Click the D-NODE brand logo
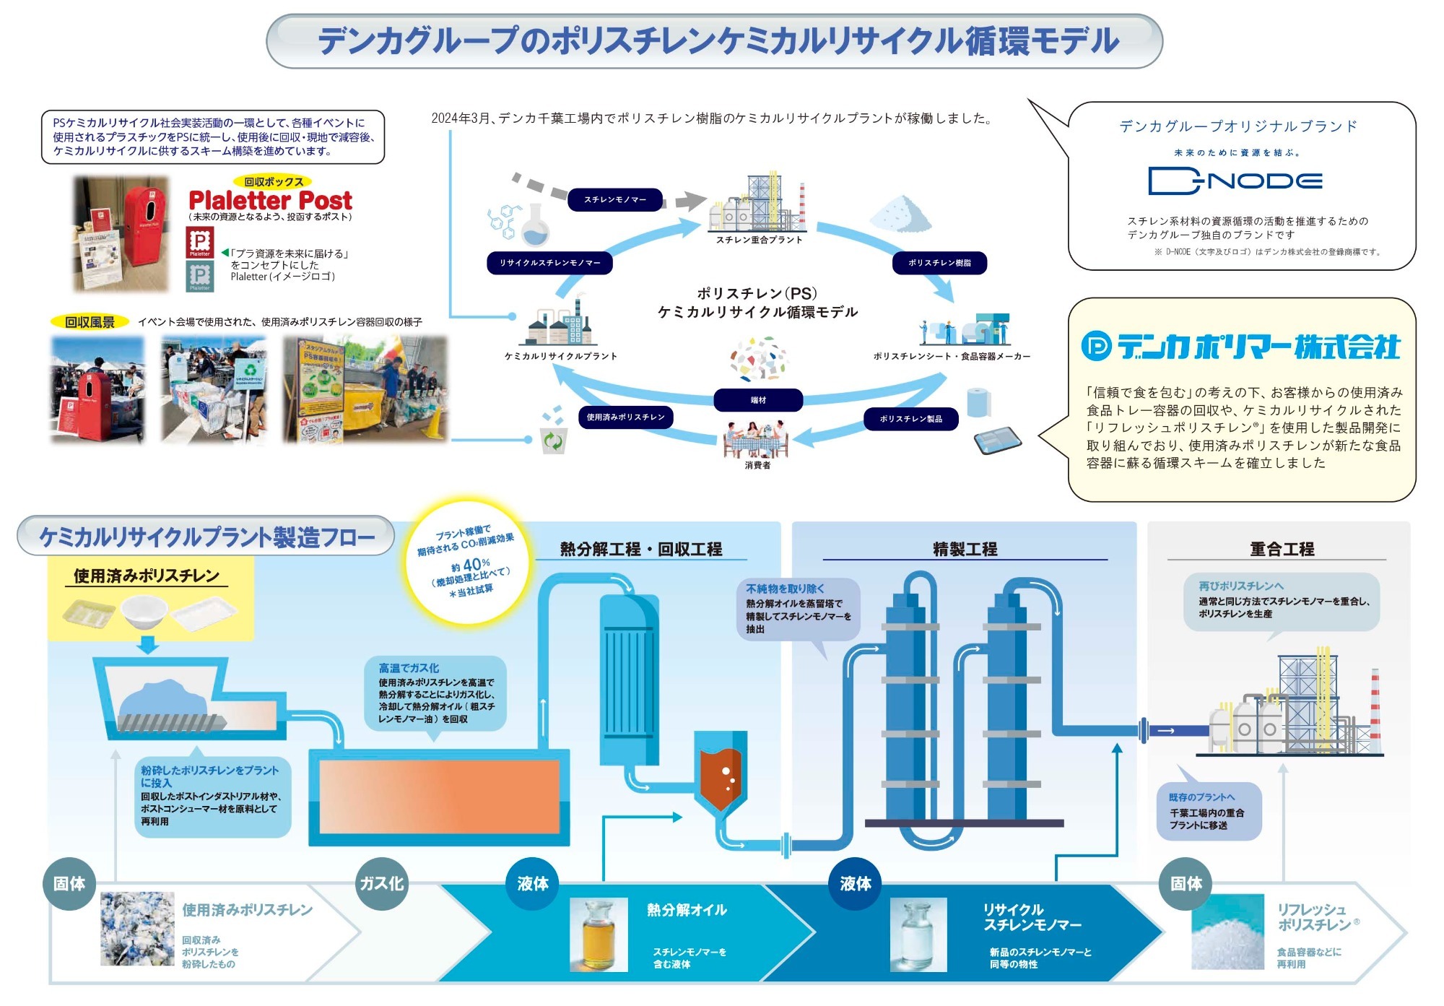click(x=1235, y=181)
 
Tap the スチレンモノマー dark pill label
click(x=615, y=199)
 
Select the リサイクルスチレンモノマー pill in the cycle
click(x=550, y=263)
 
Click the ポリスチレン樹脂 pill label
click(x=939, y=263)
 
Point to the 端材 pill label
click(x=758, y=400)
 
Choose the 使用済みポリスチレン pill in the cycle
click(x=625, y=417)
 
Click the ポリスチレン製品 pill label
click(x=910, y=419)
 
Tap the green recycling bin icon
click(x=553, y=440)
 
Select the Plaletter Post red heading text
click(x=270, y=200)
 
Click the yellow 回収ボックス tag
click(x=273, y=182)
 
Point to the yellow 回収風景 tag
click(x=90, y=322)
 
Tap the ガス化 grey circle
click(x=382, y=883)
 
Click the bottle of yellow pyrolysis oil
click(x=599, y=935)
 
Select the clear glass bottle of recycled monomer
click(x=918, y=935)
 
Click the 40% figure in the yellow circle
click(x=476, y=564)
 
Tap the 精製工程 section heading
click(x=965, y=549)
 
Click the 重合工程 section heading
click(x=1282, y=549)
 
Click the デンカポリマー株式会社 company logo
click(x=1240, y=347)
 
